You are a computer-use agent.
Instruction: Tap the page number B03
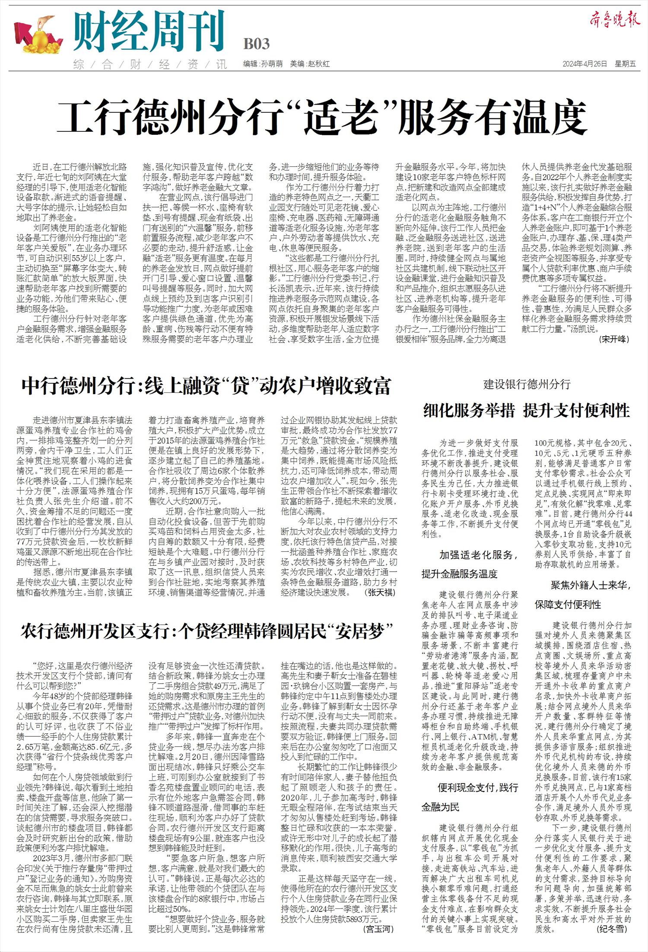click(256, 44)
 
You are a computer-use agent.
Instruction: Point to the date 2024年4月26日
click(584, 64)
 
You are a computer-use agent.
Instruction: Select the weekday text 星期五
click(626, 64)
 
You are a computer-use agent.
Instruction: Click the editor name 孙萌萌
click(272, 64)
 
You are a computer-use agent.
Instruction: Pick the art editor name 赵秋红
click(318, 64)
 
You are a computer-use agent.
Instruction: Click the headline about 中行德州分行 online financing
click(206, 386)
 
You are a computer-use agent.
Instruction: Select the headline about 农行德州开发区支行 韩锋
click(208, 632)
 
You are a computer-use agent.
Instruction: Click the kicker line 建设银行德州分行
click(527, 384)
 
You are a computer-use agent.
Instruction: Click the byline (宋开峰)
click(614, 339)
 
